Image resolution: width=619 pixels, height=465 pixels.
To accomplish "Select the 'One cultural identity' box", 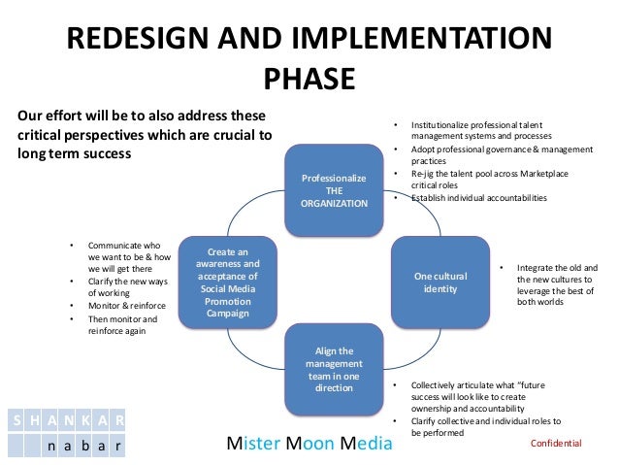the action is pyautogui.click(x=440, y=282).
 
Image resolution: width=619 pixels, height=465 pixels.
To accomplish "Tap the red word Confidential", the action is pyautogui.click(x=556, y=443).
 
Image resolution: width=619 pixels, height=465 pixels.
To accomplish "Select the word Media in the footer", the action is pyautogui.click(x=369, y=444).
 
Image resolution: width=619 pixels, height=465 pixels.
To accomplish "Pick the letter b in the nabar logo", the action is pyautogui.click(x=81, y=447).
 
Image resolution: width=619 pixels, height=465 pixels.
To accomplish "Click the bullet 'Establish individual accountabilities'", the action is pyautogui.click(x=478, y=198).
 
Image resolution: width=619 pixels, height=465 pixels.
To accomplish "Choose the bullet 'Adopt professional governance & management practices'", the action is pyautogui.click(x=501, y=155).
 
